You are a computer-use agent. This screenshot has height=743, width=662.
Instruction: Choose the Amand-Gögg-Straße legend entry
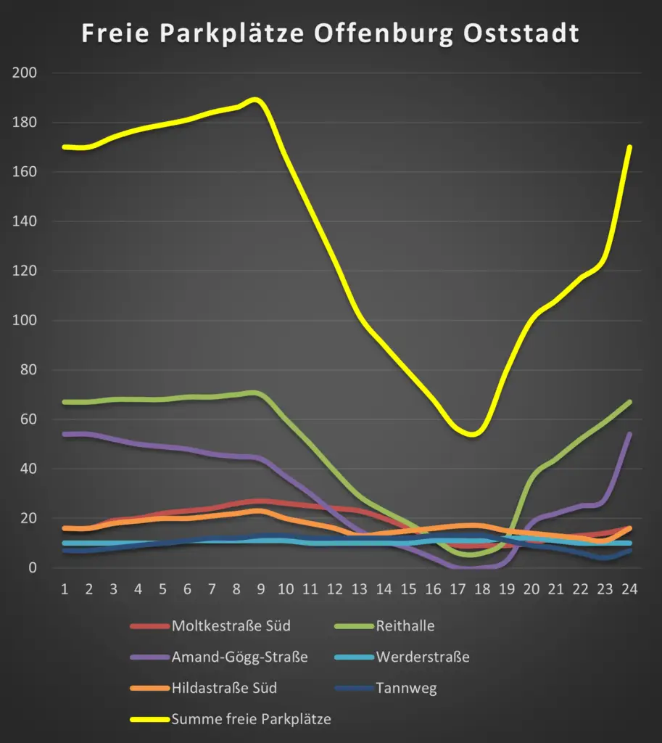click(239, 657)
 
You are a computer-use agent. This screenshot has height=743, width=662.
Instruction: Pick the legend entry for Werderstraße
click(422, 657)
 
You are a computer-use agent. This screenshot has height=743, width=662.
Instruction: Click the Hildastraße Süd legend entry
click(224, 688)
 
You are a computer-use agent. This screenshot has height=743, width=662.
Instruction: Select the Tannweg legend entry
click(406, 688)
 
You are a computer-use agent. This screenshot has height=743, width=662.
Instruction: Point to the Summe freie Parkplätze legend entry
click(251, 719)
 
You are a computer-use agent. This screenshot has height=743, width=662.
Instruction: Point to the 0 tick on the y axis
click(32, 568)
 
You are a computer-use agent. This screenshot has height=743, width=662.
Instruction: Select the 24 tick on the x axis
click(629, 590)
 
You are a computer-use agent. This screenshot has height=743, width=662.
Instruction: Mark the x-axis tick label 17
click(458, 590)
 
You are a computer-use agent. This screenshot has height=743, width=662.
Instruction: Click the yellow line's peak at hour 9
click(256, 99)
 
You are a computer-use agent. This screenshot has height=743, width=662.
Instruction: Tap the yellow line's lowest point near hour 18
click(473, 435)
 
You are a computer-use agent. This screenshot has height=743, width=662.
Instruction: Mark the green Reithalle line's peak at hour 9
click(256, 393)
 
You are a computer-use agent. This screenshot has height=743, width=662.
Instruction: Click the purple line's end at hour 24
click(629, 434)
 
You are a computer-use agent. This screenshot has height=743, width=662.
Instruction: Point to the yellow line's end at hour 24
click(629, 147)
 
